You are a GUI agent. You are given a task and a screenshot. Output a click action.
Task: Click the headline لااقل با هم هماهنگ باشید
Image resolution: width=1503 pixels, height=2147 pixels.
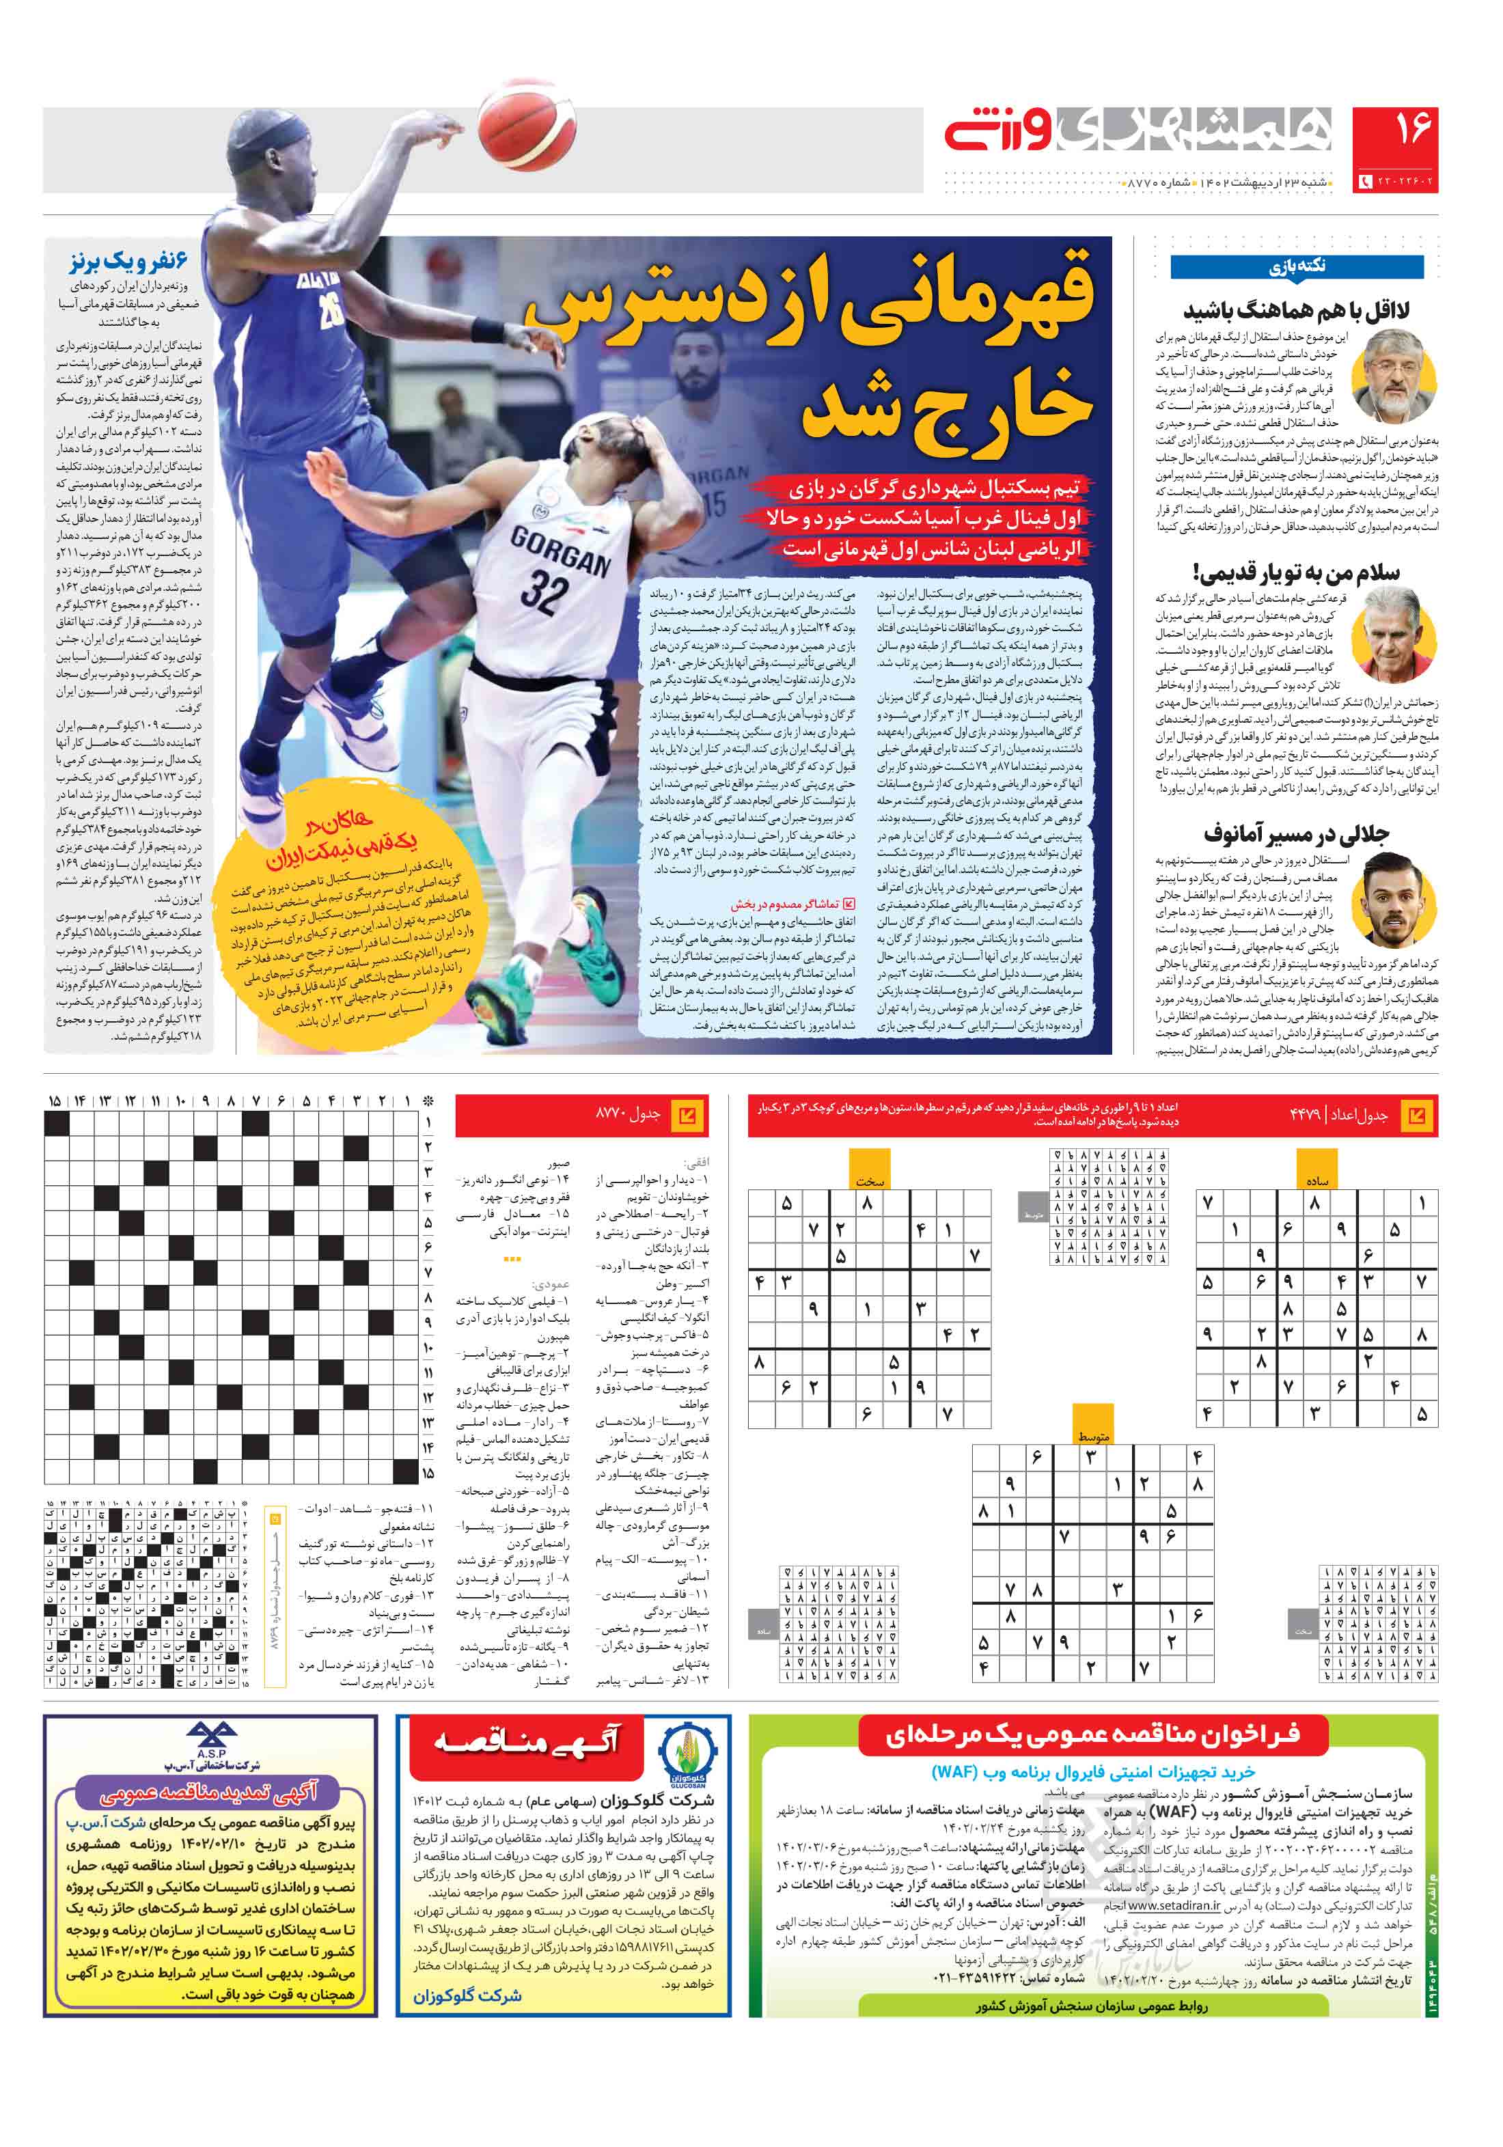coord(1295,310)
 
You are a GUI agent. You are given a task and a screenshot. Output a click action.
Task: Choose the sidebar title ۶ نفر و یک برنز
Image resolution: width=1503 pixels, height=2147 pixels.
coord(128,261)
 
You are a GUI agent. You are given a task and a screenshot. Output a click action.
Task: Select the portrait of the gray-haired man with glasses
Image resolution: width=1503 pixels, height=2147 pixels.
coord(1398,375)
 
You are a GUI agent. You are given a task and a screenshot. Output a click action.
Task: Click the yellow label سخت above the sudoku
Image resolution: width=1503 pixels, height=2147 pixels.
coord(869,1182)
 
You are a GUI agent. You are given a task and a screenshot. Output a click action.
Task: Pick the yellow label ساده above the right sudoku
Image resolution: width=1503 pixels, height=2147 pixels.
coord(1317,1181)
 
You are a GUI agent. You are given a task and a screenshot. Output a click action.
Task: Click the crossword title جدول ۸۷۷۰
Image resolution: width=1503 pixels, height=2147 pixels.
coord(629,1115)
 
